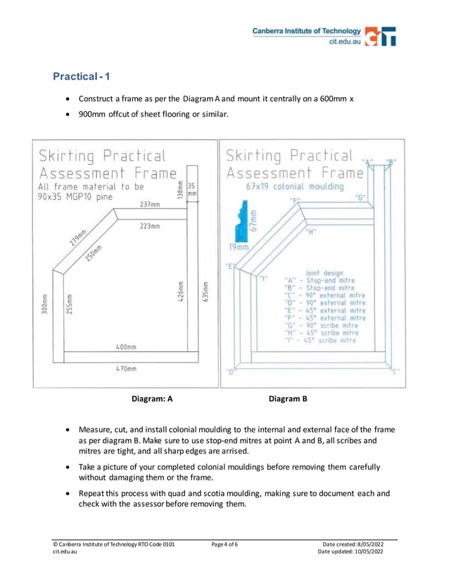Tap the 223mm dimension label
point(149,226)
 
